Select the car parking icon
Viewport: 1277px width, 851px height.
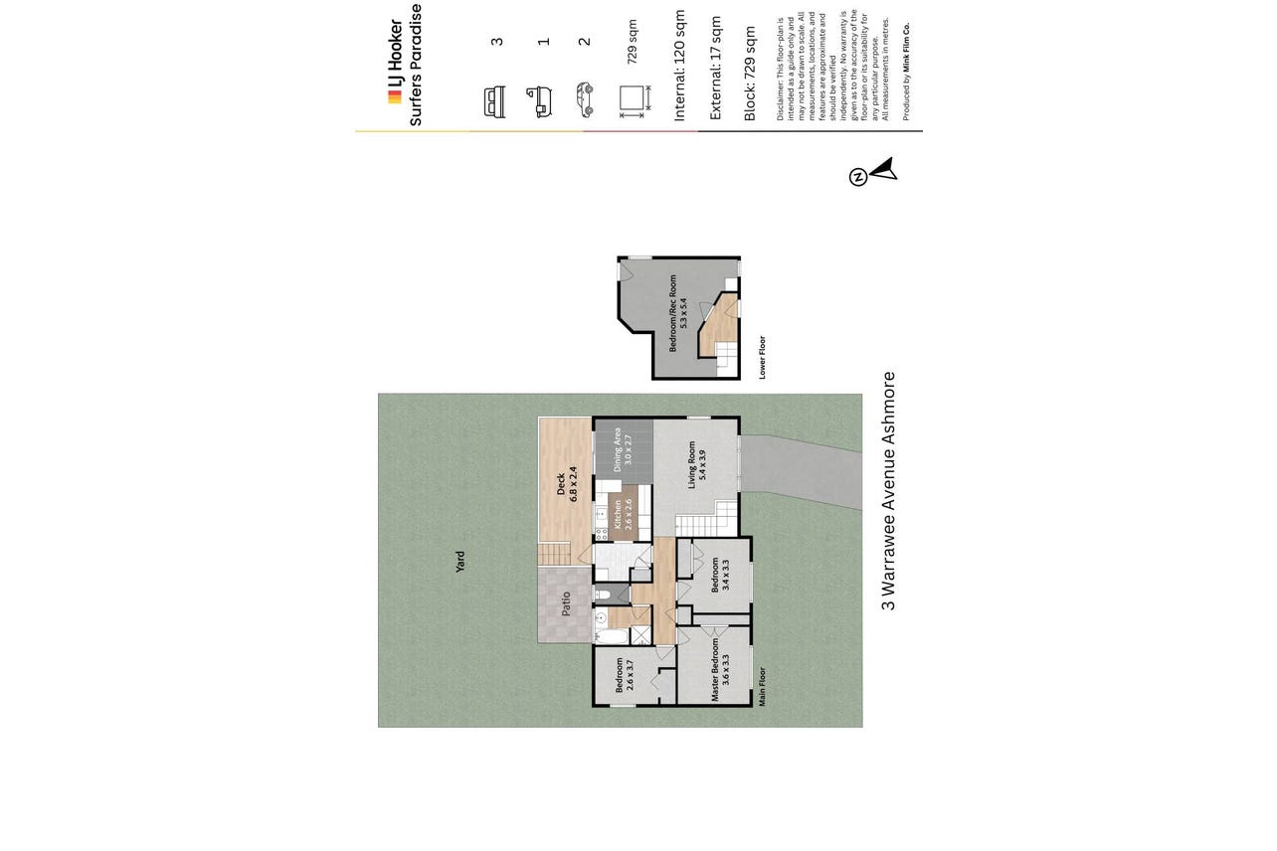pyautogui.click(x=585, y=99)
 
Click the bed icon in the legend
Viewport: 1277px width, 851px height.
pyautogui.click(x=494, y=102)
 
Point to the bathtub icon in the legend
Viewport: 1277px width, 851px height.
pyautogui.click(x=539, y=101)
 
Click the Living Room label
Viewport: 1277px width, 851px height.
pyautogui.click(x=696, y=464)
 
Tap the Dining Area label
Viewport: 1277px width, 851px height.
pyautogui.click(x=623, y=449)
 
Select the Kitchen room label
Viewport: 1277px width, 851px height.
pyautogui.click(x=623, y=514)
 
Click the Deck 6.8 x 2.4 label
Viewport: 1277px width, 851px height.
pyautogui.click(x=567, y=484)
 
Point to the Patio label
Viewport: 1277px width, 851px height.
pyautogui.click(x=566, y=603)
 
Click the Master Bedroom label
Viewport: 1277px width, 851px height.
pyautogui.click(x=719, y=669)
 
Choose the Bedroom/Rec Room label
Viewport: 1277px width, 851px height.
pyautogui.click(x=678, y=313)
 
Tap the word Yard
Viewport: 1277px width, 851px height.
pyautogui.click(x=460, y=562)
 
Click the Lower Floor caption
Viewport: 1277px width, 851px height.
pyautogui.click(x=762, y=357)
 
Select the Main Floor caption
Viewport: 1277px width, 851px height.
pyautogui.click(x=762, y=686)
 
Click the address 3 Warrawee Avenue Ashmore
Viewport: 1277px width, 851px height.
pyautogui.click(x=888, y=491)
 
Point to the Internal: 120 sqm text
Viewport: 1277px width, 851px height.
pyautogui.click(x=679, y=66)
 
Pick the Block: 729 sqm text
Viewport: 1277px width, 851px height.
pyautogui.click(x=750, y=74)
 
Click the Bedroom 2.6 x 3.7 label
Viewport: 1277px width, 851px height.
pyautogui.click(x=625, y=675)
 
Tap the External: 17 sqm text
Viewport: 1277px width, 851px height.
pyautogui.click(x=715, y=68)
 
